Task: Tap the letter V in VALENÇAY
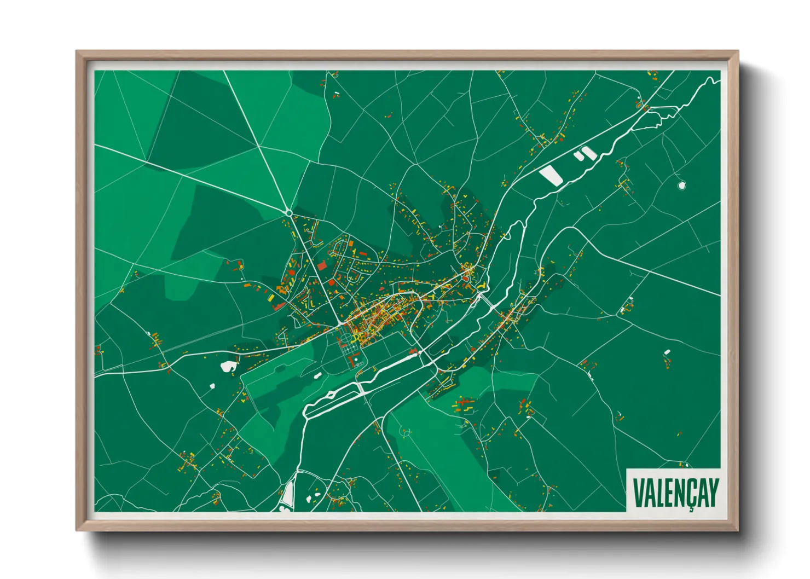pyautogui.click(x=638, y=493)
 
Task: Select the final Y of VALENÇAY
pyautogui.click(x=713, y=493)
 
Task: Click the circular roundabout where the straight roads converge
pyautogui.click(x=288, y=212)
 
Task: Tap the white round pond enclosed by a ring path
pyautogui.click(x=681, y=186)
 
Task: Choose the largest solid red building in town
pyautogui.click(x=322, y=265)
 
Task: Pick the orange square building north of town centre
pyautogui.click(x=351, y=242)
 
